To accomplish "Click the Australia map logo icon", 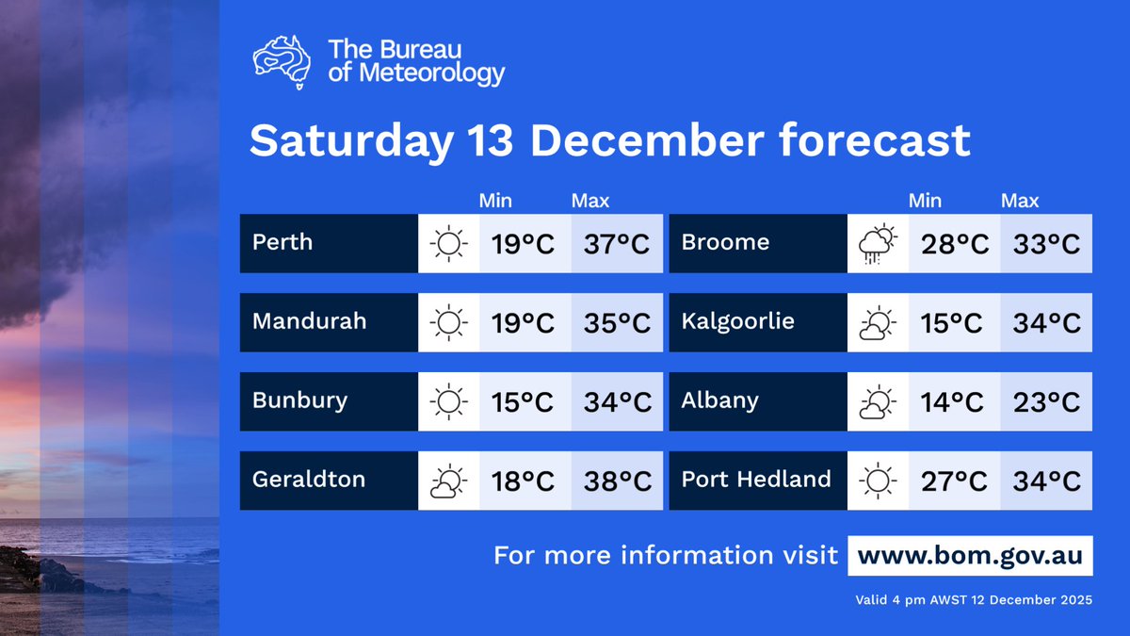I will [282, 62].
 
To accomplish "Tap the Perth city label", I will [282, 242].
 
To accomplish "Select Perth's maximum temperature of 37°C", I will [617, 244].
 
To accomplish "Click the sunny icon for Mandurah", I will [448, 323].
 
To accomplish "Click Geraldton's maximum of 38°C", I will [617, 481].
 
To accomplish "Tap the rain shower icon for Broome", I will [878, 245].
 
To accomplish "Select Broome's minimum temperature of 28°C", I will [954, 244].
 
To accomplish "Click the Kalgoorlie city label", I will [737, 321].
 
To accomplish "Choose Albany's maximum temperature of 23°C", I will [1046, 402].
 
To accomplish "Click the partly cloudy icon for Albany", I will [878, 402].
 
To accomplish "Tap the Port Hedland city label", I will [755, 479].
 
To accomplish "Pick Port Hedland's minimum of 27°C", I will [954, 481].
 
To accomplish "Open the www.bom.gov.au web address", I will [970, 555].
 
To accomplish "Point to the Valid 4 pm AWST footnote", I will [974, 600].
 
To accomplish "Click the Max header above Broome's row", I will [1020, 201].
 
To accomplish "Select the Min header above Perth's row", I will [495, 201].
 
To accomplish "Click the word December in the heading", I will [646, 141].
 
